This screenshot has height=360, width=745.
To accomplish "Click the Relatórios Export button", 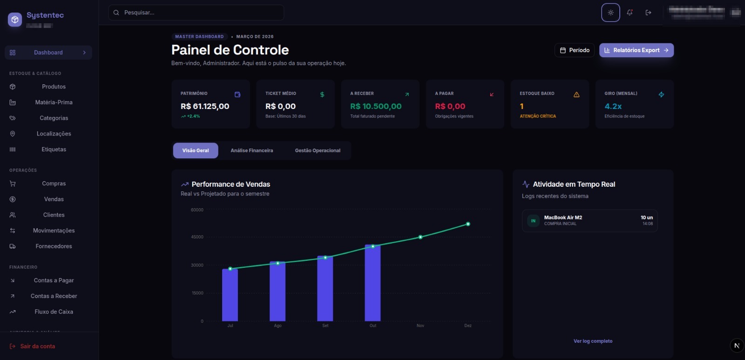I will [x=636, y=50].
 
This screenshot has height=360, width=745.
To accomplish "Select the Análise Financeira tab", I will [x=251, y=150].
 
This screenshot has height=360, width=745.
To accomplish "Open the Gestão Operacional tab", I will [x=318, y=150].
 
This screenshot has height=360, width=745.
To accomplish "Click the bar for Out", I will [x=372, y=284].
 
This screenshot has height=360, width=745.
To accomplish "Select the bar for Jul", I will [x=230, y=296].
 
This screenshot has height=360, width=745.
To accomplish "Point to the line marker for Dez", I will [x=468, y=224].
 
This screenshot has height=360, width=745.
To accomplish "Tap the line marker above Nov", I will [x=420, y=237].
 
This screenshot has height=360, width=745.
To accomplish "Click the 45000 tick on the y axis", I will [x=197, y=237].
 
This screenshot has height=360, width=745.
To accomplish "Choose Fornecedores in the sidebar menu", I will [x=54, y=246].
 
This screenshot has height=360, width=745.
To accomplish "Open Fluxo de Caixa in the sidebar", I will [x=54, y=312].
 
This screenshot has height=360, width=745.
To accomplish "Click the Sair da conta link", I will [x=37, y=346].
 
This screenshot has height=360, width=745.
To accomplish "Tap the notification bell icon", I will [x=630, y=13].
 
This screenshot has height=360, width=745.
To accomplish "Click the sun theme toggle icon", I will [x=610, y=13].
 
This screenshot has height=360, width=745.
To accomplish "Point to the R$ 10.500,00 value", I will [x=376, y=106].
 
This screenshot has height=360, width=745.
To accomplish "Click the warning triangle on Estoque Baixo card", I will [x=576, y=95].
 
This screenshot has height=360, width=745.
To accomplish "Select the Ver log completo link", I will [x=593, y=341].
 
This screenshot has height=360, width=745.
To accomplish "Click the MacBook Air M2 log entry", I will [x=589, y=220].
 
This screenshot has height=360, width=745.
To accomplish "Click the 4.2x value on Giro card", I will [x=613, y=106].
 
